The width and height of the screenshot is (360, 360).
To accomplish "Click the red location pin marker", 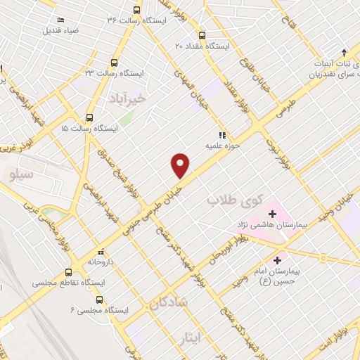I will [181, 164].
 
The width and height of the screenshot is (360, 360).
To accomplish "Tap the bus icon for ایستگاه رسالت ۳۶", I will [136, 11].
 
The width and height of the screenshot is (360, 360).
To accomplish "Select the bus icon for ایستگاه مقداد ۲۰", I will [202, 34].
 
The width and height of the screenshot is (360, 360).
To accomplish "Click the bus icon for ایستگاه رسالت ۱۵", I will [89, 118].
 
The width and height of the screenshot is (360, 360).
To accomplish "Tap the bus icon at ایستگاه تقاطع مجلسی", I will [69, 271].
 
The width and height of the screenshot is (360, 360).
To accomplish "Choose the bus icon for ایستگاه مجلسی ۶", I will [98, 300].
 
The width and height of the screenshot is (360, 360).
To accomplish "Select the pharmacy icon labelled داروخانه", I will [101, 251].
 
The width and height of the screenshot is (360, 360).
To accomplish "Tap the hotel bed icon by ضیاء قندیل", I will [59, 19].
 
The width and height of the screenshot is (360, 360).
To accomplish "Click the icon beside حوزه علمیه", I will [220, 135].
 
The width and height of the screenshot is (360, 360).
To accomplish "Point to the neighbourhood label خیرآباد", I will [127, 99].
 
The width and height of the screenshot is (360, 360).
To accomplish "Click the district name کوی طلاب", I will [229, 201].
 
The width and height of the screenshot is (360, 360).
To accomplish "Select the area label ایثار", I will [205, 337].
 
